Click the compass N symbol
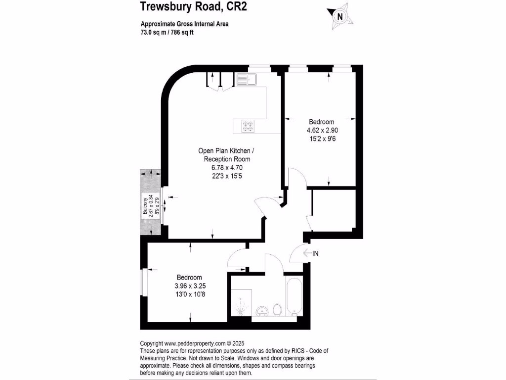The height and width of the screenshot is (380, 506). click(339, 16)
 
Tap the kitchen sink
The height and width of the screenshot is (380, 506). click(245, 79)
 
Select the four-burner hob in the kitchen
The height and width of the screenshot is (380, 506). click(248, 126)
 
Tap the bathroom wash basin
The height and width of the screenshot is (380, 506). click(262, 311)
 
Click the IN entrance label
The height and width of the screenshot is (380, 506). click(315, 253)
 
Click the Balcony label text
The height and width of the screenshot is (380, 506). click(145, 208)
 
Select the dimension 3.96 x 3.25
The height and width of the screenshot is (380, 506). click(190, 286)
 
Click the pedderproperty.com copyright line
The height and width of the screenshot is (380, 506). click(192, 343)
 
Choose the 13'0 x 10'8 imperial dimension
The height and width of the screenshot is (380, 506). click(190, 294)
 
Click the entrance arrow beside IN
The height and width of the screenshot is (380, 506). click(306, 253)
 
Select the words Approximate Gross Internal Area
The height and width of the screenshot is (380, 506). click(184, 24)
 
